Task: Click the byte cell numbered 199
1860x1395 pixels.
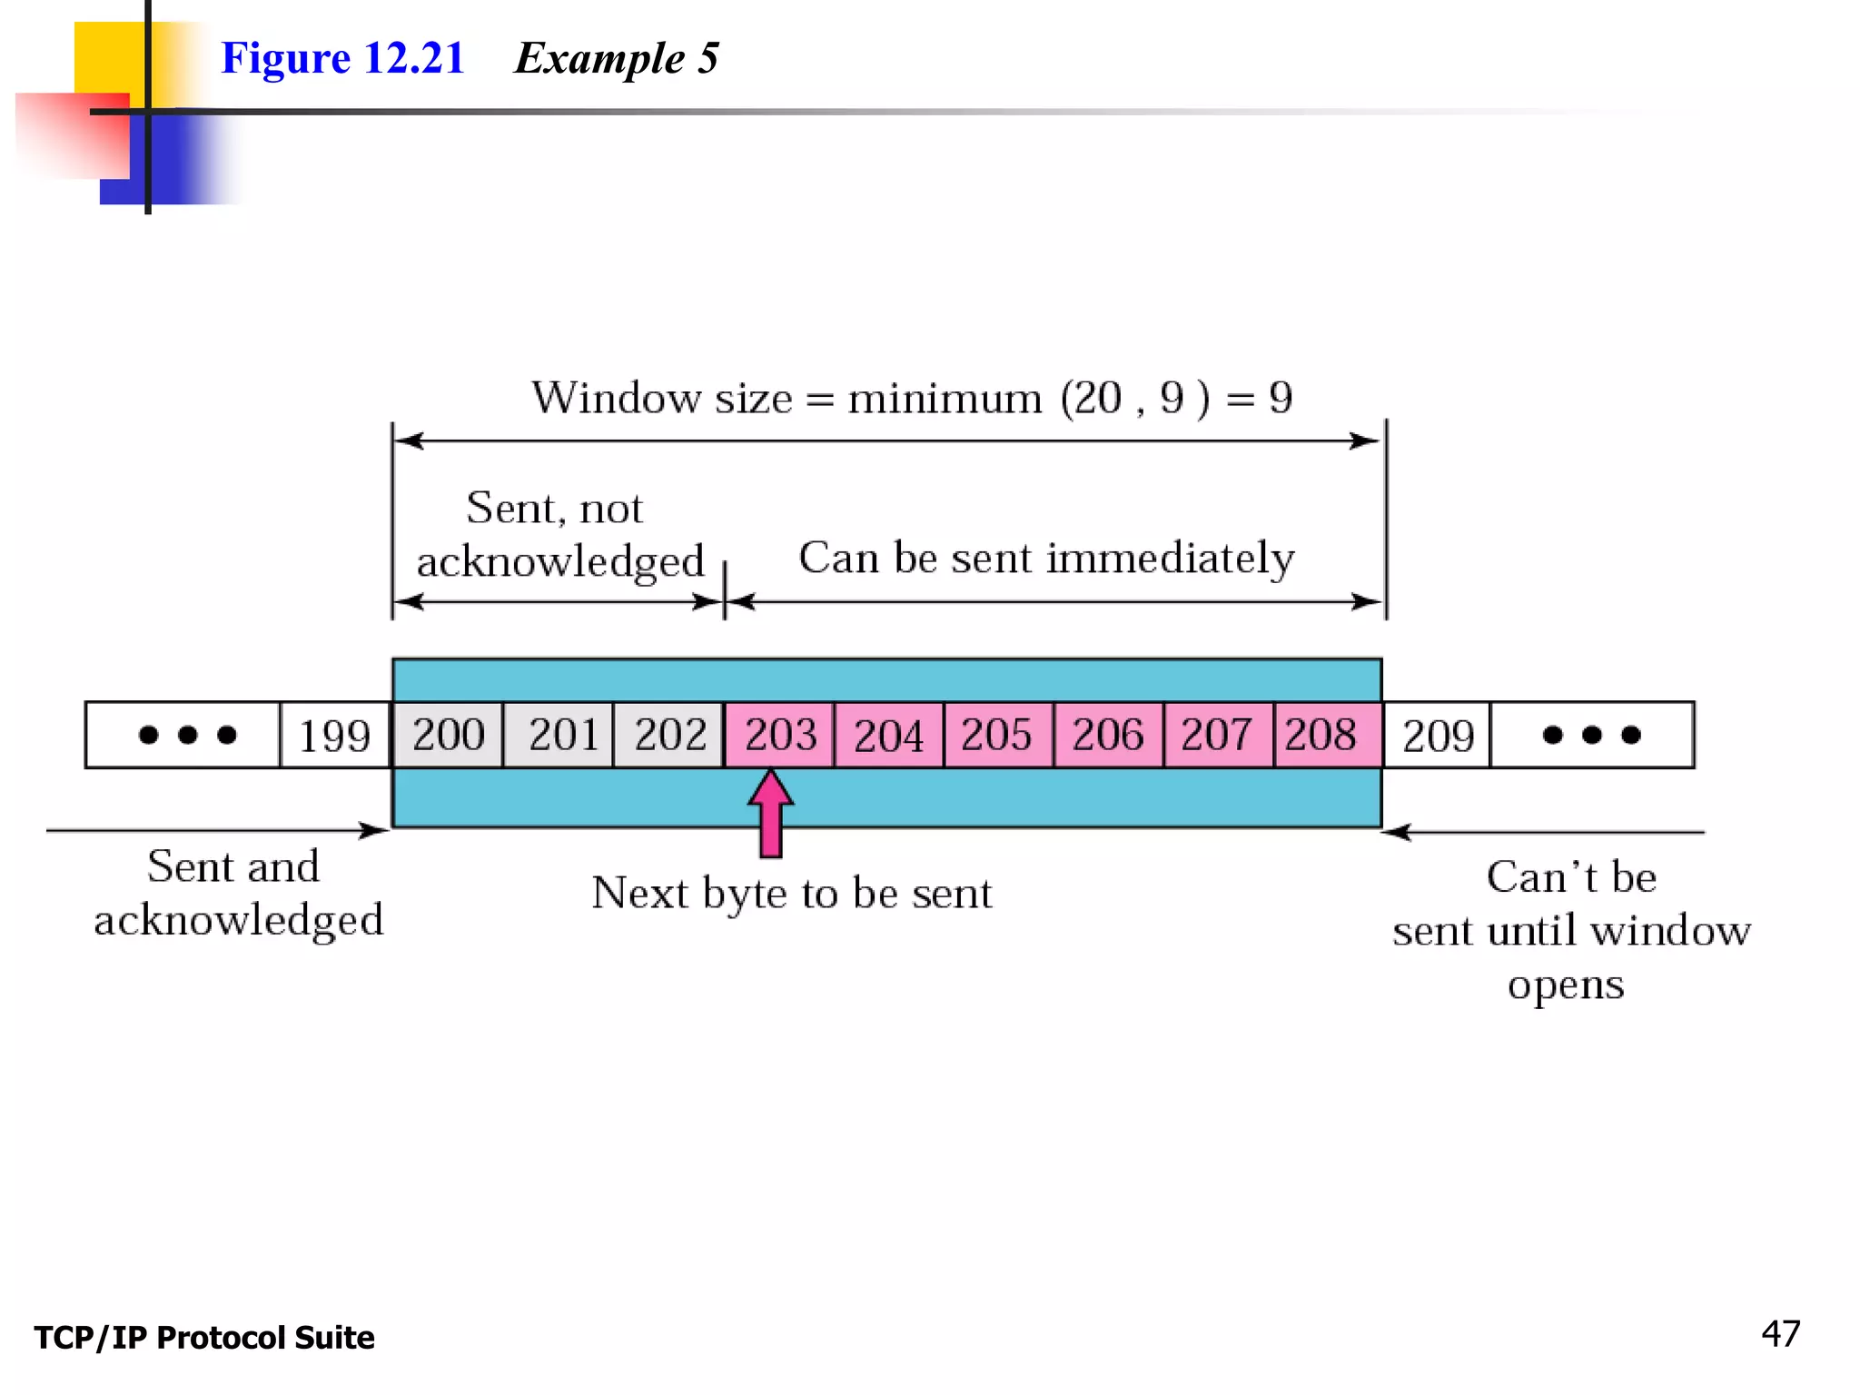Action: [x=334, y=735]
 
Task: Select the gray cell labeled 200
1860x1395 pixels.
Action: [x=448, y=735]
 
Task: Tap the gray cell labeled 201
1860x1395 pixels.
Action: [x=559, y=735]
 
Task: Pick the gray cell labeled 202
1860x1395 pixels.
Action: [x=669, y=735]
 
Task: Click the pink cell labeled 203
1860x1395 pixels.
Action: [x=779, y=735]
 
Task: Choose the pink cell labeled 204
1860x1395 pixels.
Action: [x=889, y=735]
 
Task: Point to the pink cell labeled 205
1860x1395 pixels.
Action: [x=998, y=735]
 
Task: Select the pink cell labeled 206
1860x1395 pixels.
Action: [x=1108, y=735]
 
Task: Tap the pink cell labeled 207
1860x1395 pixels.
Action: [x=1218, y=735]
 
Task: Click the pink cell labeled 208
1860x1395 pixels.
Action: [x=1326, y=735]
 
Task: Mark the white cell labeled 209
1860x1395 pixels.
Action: [x=1437, y=735]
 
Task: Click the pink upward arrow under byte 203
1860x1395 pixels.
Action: [x=771, y=814]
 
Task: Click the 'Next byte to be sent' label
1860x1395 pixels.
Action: [x=791, y=894]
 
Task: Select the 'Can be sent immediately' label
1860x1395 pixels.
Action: [x=1046, y=559]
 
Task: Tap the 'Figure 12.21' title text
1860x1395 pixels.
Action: [x=342, y=58]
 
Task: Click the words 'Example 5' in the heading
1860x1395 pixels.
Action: [x=617, y=58]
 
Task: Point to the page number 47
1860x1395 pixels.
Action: [x=1780, y=1334]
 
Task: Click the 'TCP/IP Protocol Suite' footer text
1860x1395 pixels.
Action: [x=204, y=1338]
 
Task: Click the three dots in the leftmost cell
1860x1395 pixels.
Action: [x=187, y=735]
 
